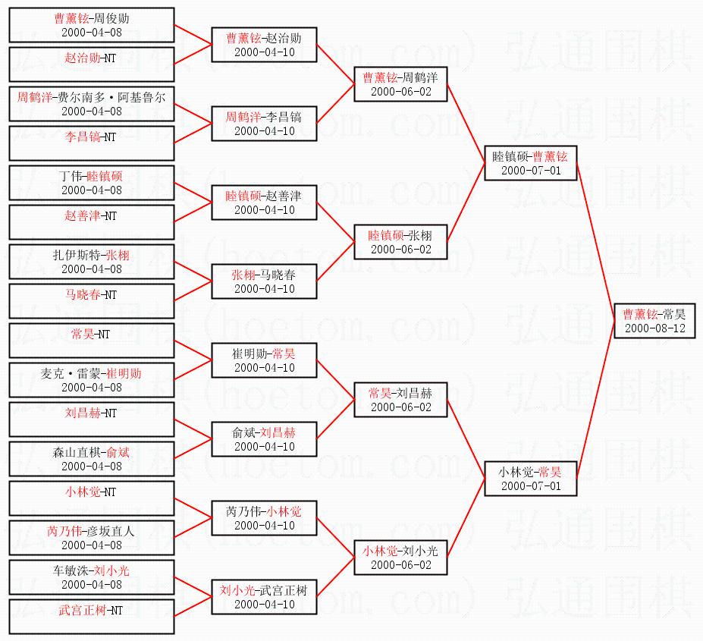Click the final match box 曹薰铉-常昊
654,321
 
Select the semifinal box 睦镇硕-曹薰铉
530,163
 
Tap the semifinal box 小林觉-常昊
530,479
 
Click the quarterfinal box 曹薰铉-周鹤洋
400,84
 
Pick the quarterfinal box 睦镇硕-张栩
400,242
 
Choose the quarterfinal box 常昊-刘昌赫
400,400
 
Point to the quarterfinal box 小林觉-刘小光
400,558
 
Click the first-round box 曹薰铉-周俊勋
92,25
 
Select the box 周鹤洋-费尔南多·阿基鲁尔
92,104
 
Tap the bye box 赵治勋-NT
92,64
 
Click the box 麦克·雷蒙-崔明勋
92,380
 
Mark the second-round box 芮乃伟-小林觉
264,518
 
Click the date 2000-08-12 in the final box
655,328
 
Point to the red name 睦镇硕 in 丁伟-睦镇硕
105,176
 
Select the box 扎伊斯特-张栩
92,262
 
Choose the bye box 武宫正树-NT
92,617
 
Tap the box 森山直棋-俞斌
92,459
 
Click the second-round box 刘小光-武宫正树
264,597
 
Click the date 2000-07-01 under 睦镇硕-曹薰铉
531,171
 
